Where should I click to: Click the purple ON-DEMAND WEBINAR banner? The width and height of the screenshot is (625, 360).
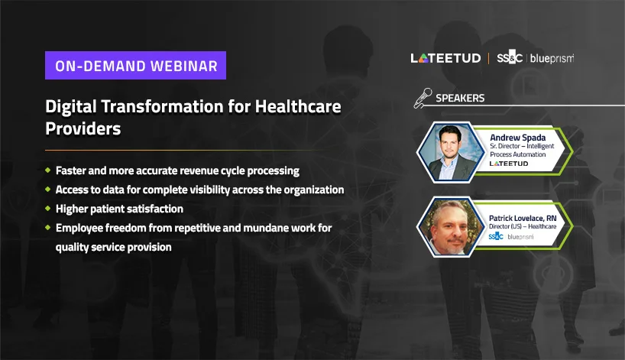[x=135, y=66]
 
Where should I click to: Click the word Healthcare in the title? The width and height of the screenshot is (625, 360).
[x=298, y=106]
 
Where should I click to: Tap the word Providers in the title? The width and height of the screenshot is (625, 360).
[x=83, y=128]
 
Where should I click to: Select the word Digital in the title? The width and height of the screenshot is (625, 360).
[x=70, y=107]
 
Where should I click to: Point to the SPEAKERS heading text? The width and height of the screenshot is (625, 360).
[x=460, y=98]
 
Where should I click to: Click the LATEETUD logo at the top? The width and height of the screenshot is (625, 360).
[x=445, y=58]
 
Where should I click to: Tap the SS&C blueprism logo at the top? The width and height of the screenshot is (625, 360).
[x=536, y=58]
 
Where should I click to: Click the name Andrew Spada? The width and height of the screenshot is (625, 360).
[x=518, y=138]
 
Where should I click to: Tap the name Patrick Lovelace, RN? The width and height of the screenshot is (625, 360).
[x=523, y=218]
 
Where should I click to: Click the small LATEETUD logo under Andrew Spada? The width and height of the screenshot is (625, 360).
[x=509, y=164]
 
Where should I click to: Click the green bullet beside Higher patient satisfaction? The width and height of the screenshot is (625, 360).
[x=48, y=208]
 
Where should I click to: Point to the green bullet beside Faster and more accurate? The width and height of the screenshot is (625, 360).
[x=48, y=170]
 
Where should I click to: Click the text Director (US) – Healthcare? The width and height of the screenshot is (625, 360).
[x=523, y=226]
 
